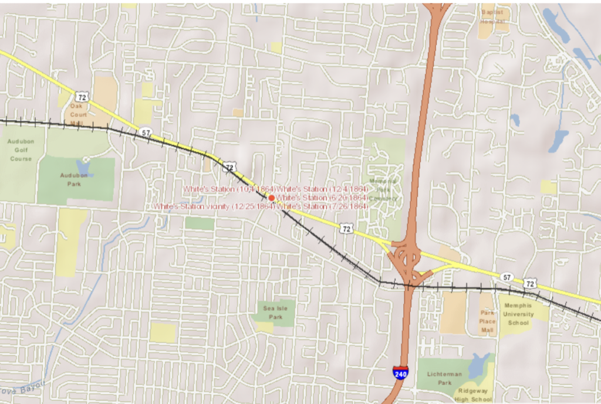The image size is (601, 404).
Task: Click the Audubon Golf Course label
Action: pos(21,150)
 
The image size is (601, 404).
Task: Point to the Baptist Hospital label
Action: pos(492,16)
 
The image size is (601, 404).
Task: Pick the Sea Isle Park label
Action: pos(272,313)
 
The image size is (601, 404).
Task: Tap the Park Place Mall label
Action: pos(487,322)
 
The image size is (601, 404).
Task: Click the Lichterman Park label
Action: pos(444,378)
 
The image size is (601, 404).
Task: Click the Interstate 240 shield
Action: pos(400,372)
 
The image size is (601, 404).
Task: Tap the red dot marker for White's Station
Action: pos(272,198)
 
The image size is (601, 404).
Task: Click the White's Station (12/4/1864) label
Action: pos(322,189)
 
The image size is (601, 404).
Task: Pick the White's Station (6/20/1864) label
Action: pos(322,198)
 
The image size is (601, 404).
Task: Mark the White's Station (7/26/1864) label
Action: pos(322,206)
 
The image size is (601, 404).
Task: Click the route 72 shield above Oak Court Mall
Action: pos(81,96)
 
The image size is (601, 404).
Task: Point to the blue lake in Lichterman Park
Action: pos(481,362)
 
